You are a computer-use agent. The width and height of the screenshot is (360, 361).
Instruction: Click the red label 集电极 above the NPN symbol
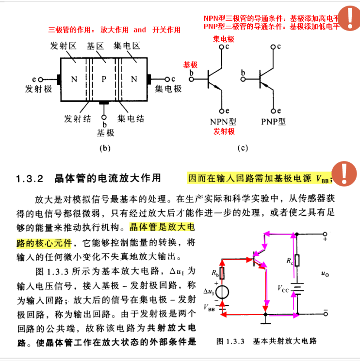[x=223, y=38]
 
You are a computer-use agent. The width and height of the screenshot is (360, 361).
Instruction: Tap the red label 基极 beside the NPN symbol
[x=190, y=64]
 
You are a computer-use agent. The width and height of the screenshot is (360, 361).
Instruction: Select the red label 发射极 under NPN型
[x=224, y=131]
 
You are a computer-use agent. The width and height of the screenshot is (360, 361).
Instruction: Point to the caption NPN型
[x=223, y=122]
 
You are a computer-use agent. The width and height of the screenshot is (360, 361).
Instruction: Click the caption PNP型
[x=274, y=122]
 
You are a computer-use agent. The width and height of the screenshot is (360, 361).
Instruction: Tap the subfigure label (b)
[x=105, y=148]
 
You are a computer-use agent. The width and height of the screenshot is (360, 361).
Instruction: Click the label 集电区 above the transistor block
[x=127, y=47]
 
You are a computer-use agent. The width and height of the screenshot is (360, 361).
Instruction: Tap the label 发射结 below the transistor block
[x=78, y=118]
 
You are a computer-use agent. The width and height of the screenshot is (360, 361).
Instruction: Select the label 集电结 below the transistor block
[x=131, y=118]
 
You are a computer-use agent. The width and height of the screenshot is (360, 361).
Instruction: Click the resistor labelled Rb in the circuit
[x=223, y=274]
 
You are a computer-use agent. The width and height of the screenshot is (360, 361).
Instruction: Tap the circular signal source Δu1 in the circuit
[x=223, y=292]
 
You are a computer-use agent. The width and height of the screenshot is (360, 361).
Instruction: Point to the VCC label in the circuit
[x=284, y=288]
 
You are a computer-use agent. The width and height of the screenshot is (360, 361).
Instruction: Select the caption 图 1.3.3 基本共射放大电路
[x=266, y=341]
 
